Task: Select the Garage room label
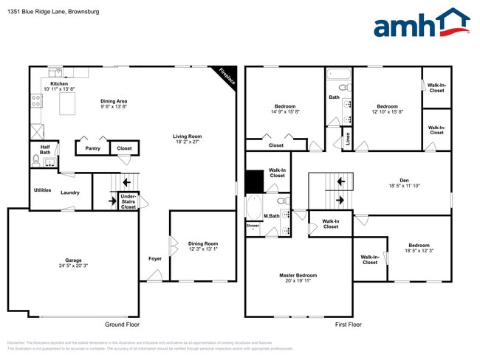point(73,260)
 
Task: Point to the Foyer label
point(155,259)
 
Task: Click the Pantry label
point(92,148)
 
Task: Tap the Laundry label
point(70,193)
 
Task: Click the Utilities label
point(42,190)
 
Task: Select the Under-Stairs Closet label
point(128,201)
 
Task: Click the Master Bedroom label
point(298,275)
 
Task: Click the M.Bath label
point(273,215)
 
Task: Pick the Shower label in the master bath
point(253,225)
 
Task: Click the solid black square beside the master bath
point(254,181)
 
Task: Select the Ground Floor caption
point(121,325)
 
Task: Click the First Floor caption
point(349,325)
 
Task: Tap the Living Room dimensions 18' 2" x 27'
point(188,142)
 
